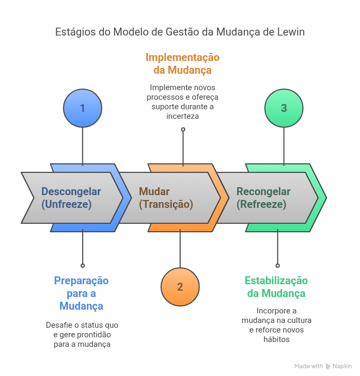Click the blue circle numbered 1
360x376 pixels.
click(82, 108)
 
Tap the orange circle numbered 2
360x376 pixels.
click(180, 287)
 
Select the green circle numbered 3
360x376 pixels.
click(284, 108)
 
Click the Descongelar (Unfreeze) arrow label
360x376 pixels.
click(71, 197)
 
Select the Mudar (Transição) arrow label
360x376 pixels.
click(166, 197)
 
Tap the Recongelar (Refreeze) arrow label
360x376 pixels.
click(264, 197)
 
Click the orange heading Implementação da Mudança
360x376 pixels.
click(182, 64)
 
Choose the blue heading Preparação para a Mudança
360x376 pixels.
click(81, 293)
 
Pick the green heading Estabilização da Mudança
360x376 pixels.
click(276, 287)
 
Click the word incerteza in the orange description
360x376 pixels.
click(182, 116)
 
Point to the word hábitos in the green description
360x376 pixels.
click(276, 339)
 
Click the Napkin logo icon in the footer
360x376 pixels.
click(329, 366)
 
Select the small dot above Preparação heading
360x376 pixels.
click(82, 265)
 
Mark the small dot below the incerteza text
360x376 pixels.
click(183, 129)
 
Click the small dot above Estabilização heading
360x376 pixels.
click(277, 265)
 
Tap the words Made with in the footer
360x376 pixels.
click(309, 366)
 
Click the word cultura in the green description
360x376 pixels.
click(298, 320)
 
